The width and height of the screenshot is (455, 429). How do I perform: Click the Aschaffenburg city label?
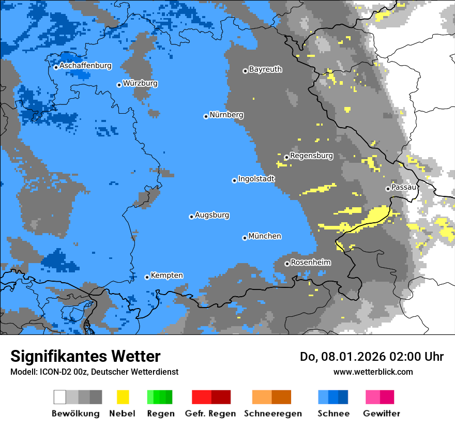click(85, 66)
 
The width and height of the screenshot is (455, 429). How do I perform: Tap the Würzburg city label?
click(140, 84)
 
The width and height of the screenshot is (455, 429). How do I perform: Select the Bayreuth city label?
click(265, 69)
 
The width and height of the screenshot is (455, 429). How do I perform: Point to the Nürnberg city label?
click(226, 115)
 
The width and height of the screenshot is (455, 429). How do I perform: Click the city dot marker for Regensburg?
click(286, 157)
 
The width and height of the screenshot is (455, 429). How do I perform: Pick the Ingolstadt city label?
click(256, 179)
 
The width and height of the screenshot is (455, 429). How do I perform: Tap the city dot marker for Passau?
click(388, 189)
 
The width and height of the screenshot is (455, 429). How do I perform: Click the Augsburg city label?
click(212, 216)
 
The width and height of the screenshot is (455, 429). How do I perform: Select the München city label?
click(265, 236)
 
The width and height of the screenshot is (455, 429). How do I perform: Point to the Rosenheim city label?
click(310, 263)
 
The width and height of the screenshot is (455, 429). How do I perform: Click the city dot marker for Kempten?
click(147, 277)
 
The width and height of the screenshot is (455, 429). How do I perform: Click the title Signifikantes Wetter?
click(85, 357)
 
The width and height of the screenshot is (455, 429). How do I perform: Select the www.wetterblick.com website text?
click(373, 372)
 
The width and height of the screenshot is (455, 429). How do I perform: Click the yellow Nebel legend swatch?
click(123, 397)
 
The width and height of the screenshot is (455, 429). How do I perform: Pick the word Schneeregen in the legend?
click(273, 413)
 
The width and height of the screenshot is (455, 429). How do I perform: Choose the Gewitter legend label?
click(382, 413)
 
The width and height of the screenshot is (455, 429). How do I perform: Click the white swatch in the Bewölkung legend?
click(60, 397)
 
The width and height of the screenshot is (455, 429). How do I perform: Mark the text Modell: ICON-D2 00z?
click(49, 372)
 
